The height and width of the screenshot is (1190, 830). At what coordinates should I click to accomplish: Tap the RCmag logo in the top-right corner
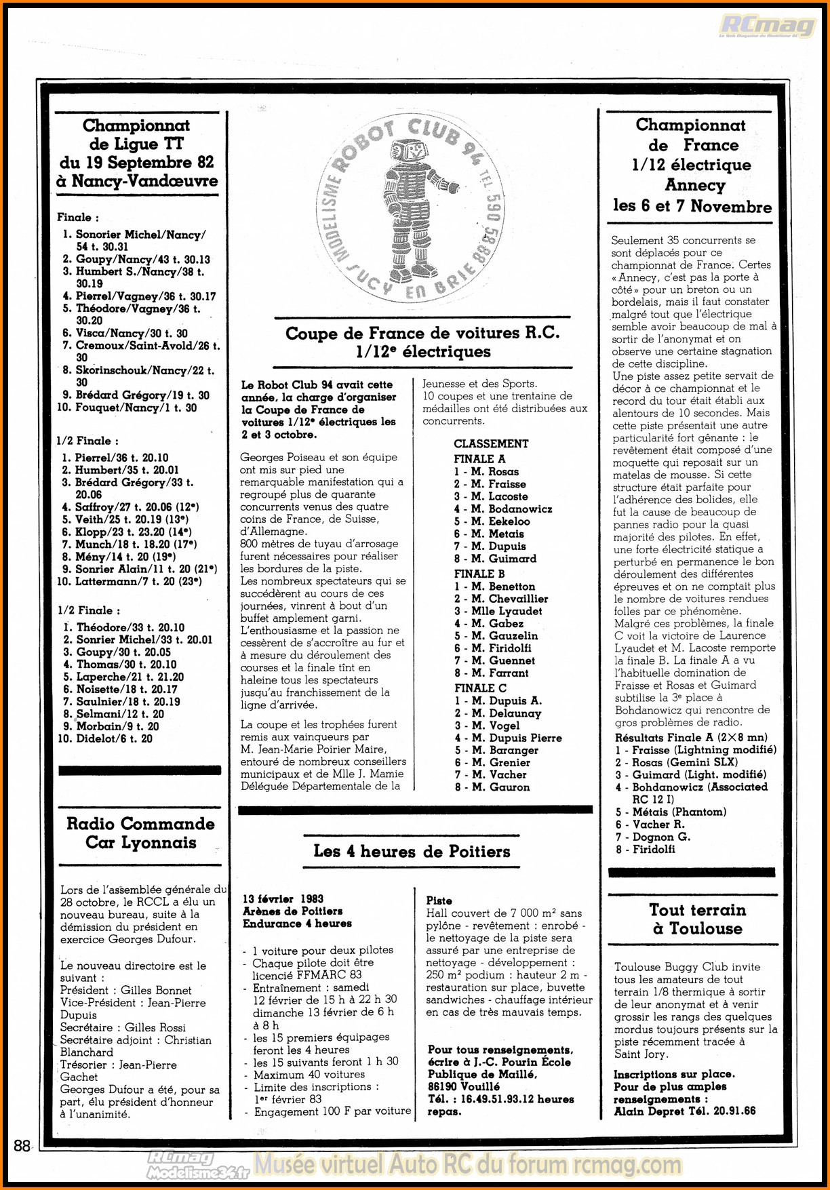tap(767, 26)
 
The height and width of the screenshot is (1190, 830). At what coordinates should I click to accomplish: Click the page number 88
tap(22, 1145)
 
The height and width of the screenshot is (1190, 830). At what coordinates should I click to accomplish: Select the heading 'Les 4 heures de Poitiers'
tap(412, 851)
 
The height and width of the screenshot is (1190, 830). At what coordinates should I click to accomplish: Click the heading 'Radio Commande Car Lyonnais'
tap(140, 833)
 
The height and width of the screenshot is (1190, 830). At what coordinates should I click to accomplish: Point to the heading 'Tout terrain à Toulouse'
tap(697, 919)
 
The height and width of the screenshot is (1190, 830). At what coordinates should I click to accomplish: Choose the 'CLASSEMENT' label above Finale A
tap(491, 443)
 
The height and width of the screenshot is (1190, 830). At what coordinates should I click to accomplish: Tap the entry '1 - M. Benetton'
tap(494, 587)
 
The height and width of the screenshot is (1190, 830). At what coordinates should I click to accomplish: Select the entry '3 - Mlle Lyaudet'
tap(498, 611)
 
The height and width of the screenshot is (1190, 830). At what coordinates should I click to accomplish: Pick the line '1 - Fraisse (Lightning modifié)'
tap(696, 750)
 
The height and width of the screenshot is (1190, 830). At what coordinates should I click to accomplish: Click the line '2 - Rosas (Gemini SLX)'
tap(676, 762)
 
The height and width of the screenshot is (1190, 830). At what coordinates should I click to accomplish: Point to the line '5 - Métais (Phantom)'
tap(671, 812)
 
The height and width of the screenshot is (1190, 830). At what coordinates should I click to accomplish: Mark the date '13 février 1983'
tap(283, 899)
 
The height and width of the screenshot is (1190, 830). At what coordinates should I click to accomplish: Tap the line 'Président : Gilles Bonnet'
tap(125, 991)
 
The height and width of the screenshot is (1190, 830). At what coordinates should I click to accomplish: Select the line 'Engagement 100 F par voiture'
tap(332, 1111)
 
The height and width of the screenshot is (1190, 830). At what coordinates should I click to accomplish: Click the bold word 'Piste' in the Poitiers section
tap(439, 900)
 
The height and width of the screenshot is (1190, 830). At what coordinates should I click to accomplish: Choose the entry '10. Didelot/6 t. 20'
tap(105, 738)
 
